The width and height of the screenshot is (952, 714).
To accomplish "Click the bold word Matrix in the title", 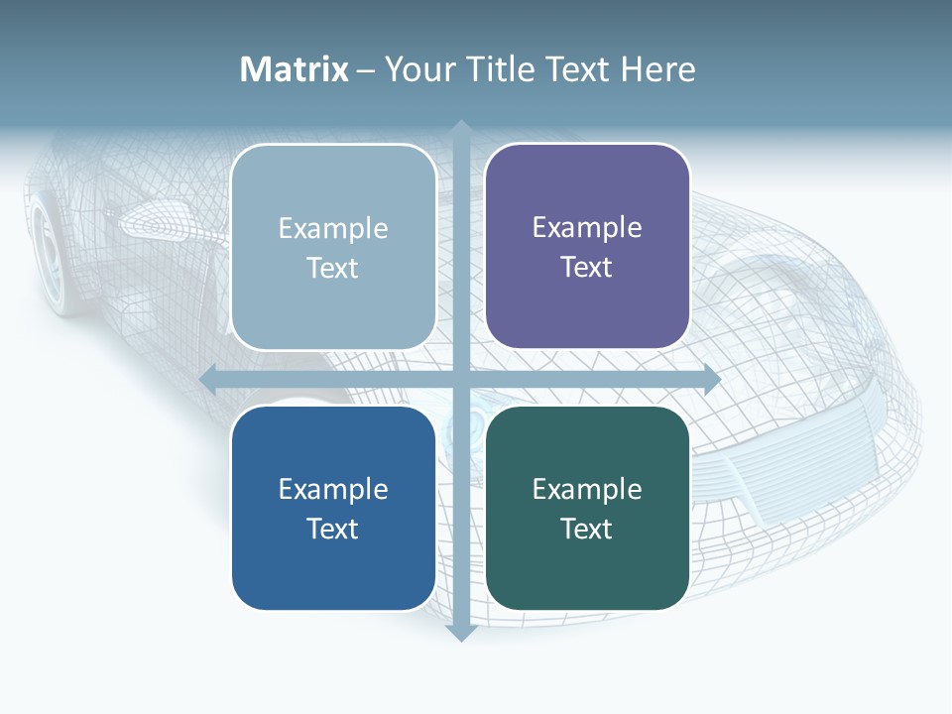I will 295,69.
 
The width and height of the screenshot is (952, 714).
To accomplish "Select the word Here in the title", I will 657,69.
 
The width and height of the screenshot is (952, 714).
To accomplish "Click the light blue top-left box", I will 333,247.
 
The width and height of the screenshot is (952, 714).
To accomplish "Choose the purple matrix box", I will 587,246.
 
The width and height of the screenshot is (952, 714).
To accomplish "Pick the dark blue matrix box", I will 333,508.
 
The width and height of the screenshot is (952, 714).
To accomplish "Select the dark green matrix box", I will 587,508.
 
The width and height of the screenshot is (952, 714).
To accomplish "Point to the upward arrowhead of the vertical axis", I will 460,128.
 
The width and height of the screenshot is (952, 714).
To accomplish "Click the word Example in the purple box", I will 587,228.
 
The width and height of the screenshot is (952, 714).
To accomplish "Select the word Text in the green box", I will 587,529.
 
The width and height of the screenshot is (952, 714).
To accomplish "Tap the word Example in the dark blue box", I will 333,489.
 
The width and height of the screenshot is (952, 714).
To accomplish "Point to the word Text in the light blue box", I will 333,268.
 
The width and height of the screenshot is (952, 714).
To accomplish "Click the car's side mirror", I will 159,219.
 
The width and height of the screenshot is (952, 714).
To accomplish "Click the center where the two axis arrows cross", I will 460,379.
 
